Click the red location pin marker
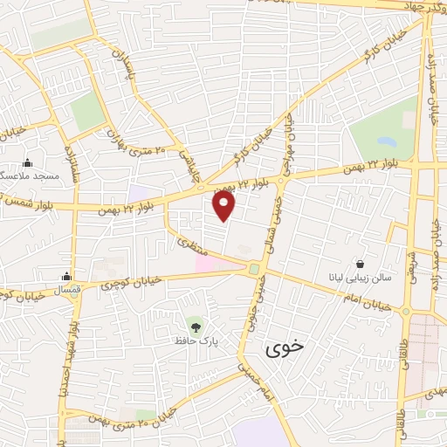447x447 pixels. tap(224, 205)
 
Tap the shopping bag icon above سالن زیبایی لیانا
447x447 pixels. tap(360, 263)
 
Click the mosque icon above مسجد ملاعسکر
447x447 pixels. tap(28, 162)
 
